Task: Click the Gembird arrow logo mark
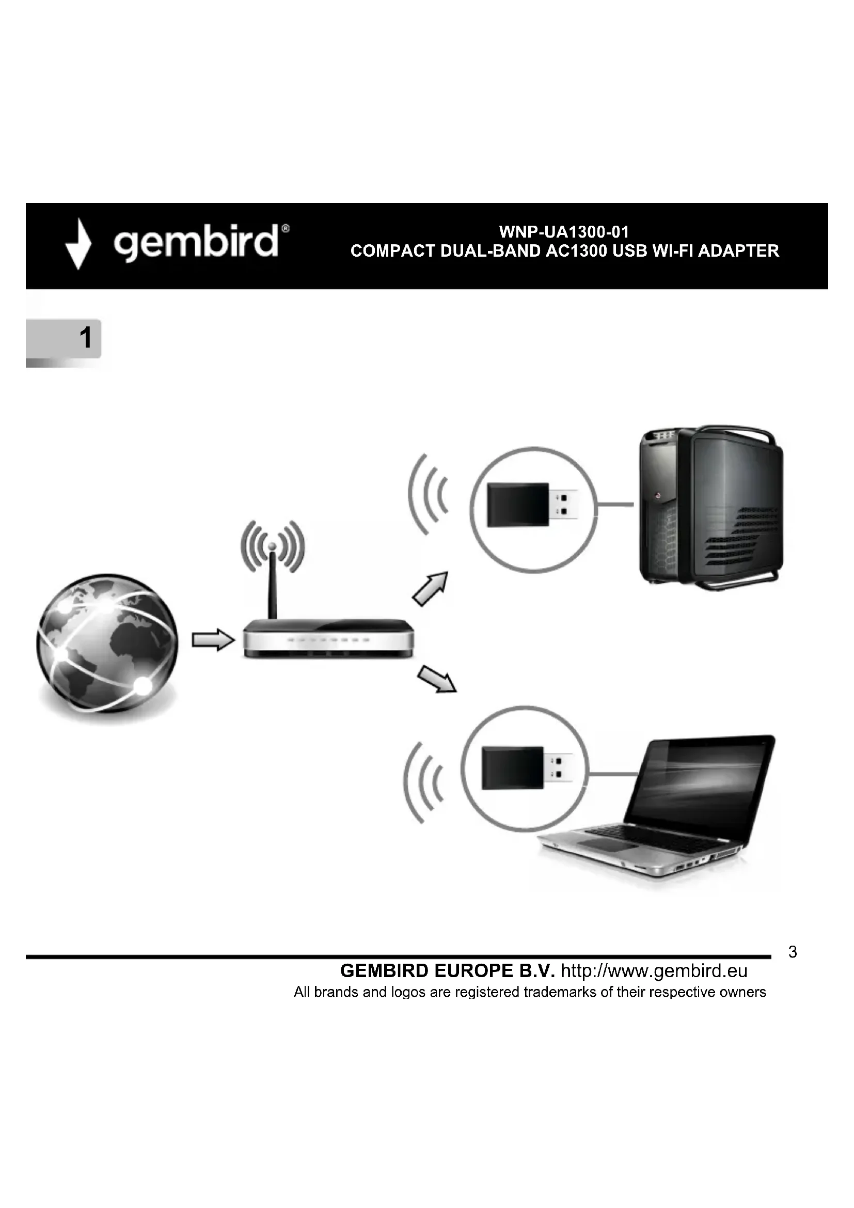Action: click(78, 244)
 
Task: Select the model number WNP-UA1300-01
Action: click(564, 232)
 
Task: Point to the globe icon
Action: click(107, 644)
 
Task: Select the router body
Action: click(329, 639)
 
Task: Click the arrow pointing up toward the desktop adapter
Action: click(431, 589)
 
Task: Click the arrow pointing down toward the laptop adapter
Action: click(436, 679)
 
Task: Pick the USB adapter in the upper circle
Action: click(531, 505)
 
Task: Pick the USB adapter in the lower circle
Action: click(526, 767)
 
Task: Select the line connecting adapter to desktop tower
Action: click(615, 505)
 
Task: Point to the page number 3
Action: click(793, 952)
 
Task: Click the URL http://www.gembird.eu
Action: click(654, 971)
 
